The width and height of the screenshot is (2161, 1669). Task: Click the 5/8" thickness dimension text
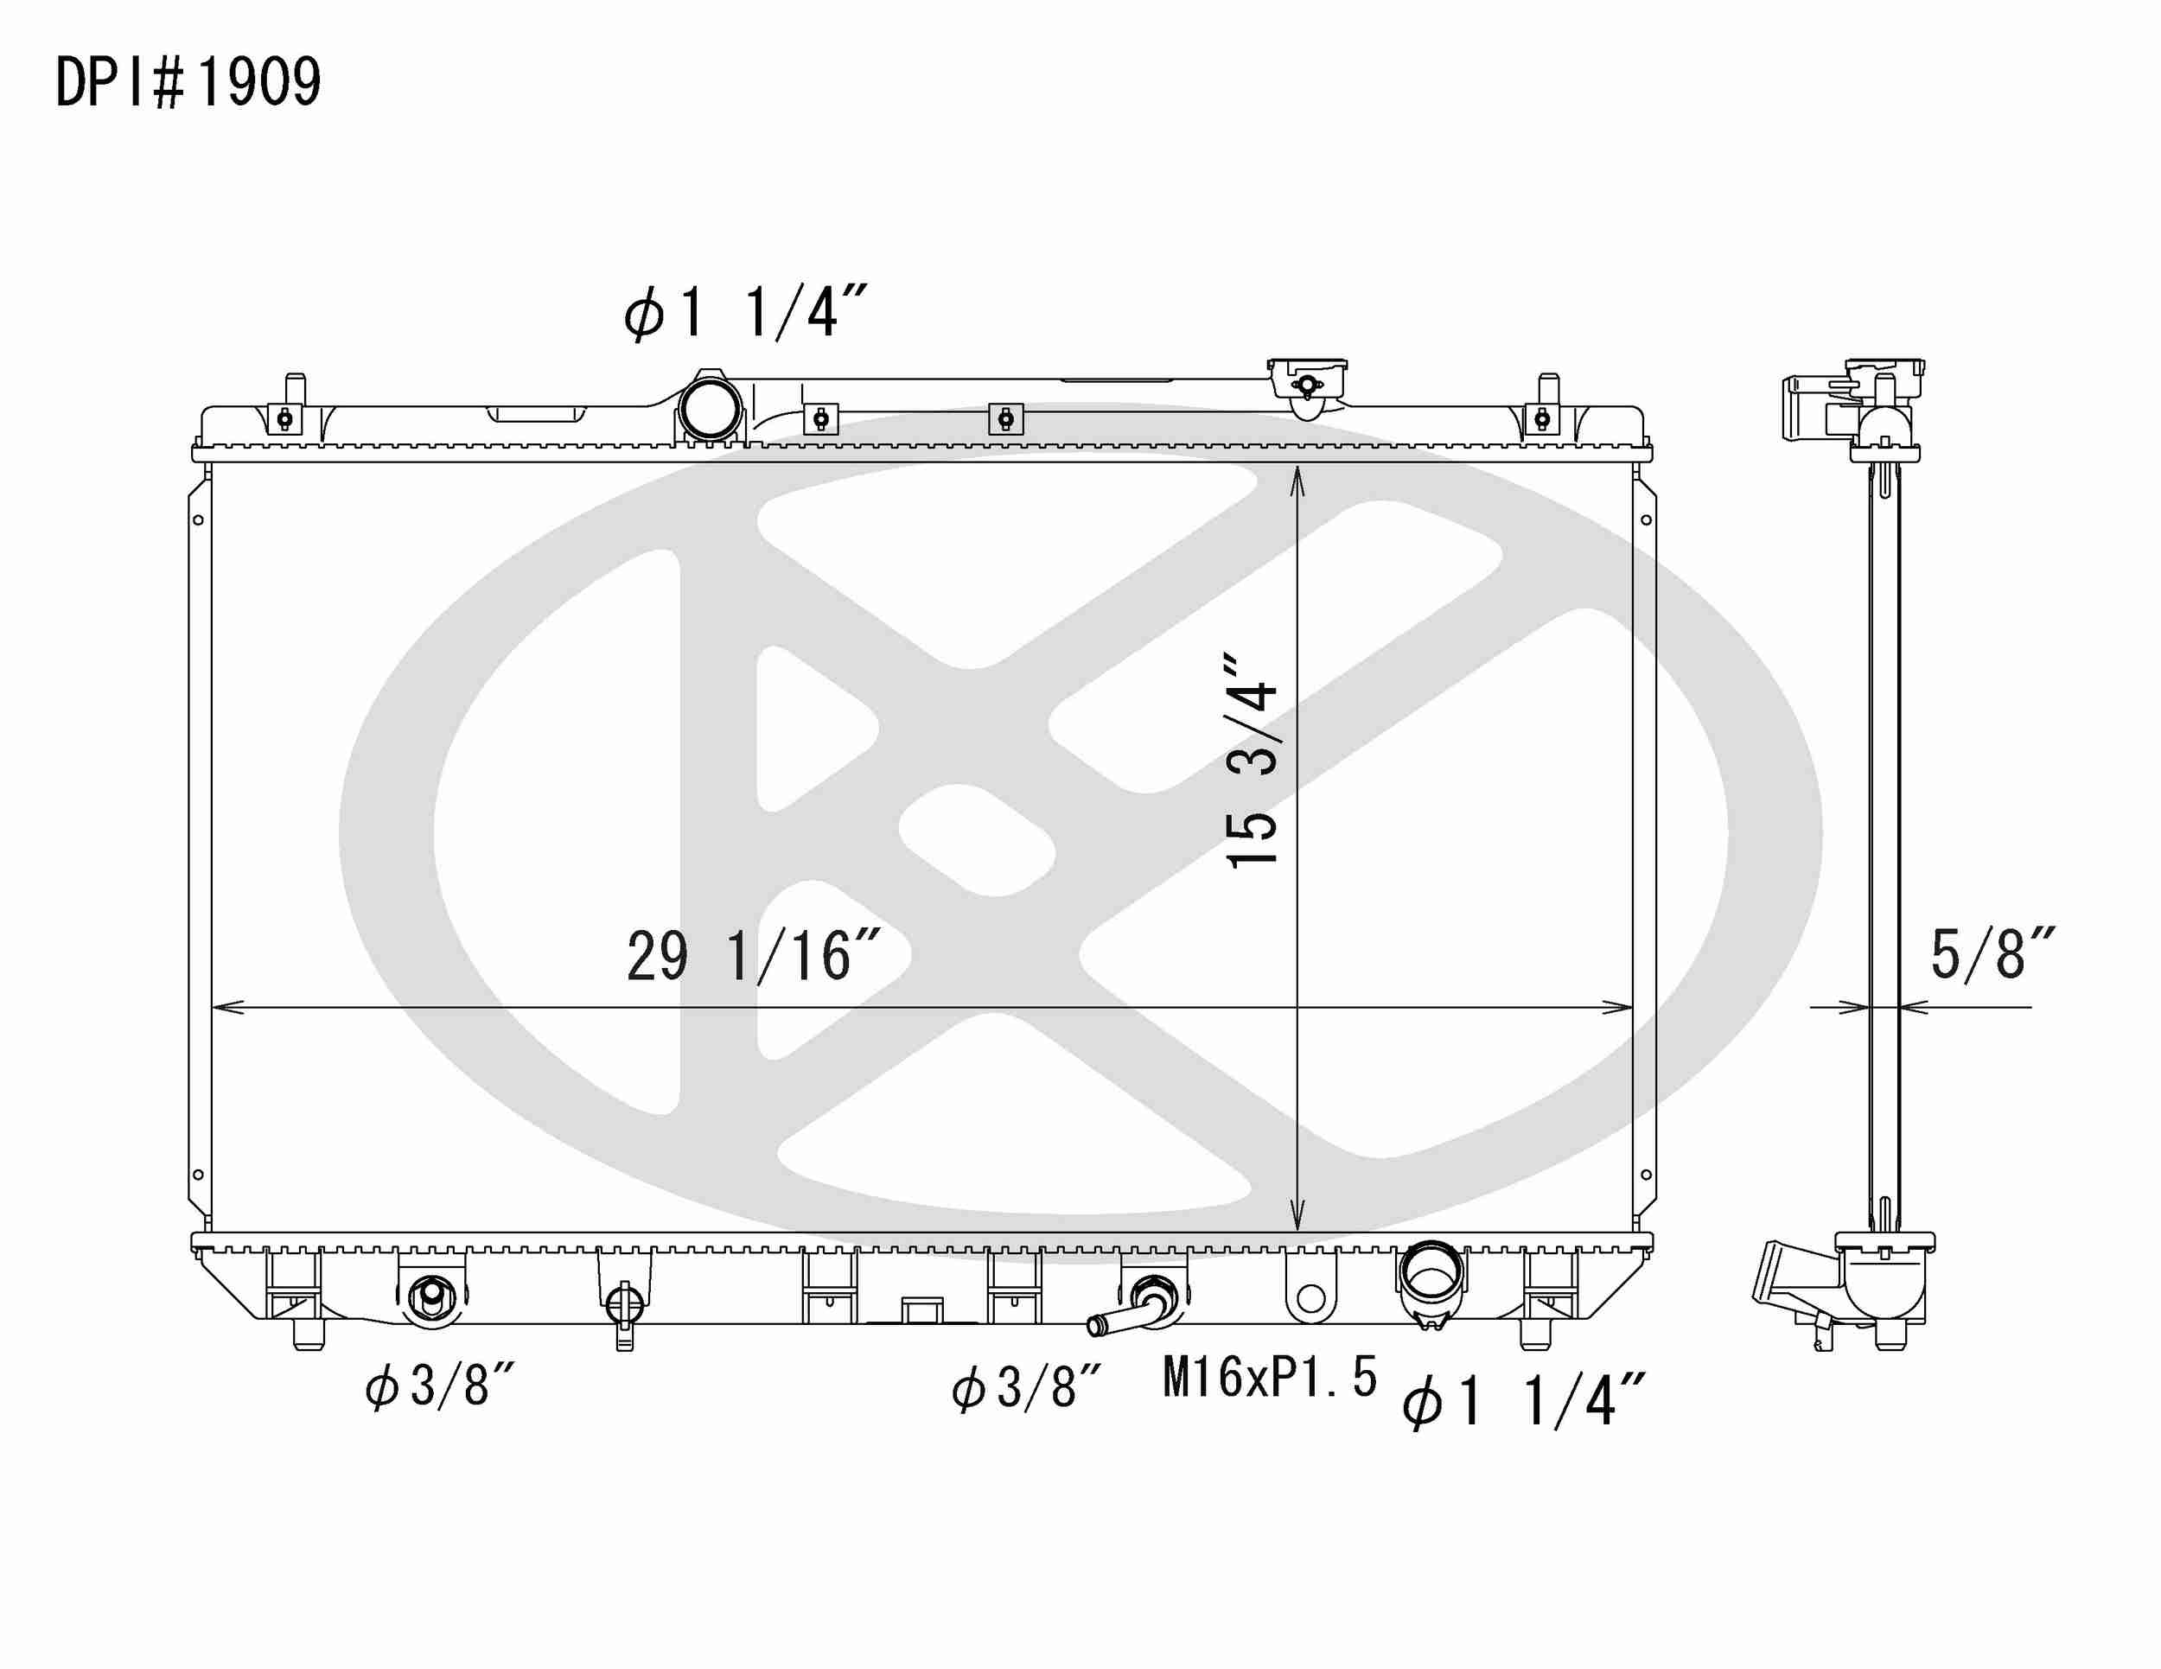pos(1992,955)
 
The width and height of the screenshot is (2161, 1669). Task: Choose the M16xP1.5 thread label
pos(1270,1377)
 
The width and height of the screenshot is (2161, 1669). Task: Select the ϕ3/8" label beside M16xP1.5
pos(1026,1387)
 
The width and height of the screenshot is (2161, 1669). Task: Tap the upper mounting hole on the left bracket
pos(198,520)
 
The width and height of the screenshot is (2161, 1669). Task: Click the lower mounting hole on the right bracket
pos(1646,1175)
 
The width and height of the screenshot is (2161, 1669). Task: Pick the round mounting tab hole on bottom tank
pos(1310,1298)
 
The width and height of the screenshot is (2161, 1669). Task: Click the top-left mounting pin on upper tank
pos(294,388)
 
